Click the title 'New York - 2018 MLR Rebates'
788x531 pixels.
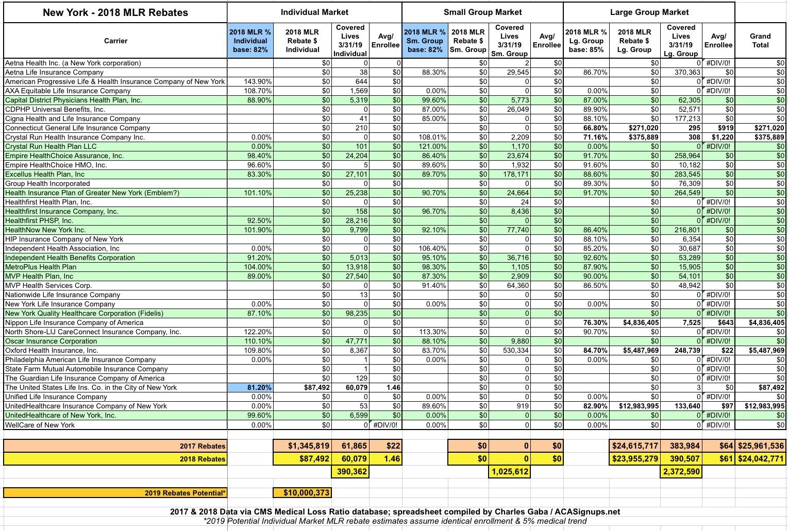tap(115, 12)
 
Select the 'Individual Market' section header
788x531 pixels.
tap(314, 12)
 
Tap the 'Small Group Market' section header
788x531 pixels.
tap(482, 12)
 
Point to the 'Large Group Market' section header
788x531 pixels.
tap(649, 12)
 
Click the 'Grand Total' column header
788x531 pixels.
tap(760, 40)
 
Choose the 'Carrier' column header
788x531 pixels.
tap(115, 41)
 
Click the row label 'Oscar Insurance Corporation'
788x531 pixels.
tap(51, 341)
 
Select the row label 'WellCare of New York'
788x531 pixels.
tap(40, 425)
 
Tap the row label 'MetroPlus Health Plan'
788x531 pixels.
tap(41, 267)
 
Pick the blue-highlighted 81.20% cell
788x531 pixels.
tap(250, 387)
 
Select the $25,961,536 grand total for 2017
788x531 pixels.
tap(761, 446)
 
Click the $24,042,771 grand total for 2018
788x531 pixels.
tap(761, 459)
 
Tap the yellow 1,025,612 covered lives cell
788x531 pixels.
tap(509, 471)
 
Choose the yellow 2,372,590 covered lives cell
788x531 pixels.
tap(681, 471)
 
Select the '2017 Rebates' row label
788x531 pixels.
tap(203, 446)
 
